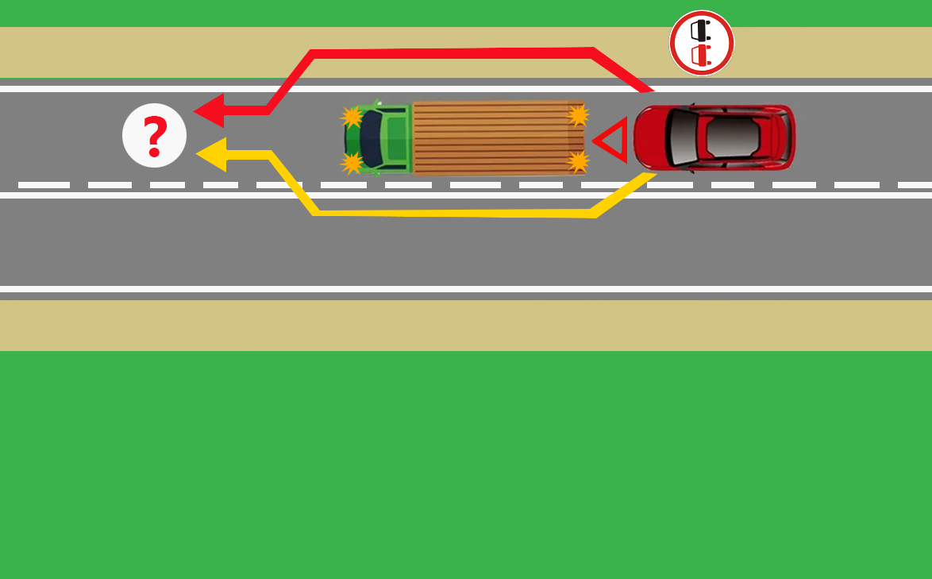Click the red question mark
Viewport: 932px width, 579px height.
pos(155,137)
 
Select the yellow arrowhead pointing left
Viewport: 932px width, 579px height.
pos(211,154)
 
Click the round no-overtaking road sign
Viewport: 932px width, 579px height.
pos(702,43)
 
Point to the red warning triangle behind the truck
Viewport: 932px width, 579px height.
pos(612,140)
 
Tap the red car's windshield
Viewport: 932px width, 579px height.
pos(682,137)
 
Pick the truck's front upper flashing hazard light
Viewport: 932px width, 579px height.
pos(351,117)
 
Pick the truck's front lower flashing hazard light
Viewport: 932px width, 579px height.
pos(351,163)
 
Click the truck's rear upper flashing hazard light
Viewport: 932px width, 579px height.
pos(578,115)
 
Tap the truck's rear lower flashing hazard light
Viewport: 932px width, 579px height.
pos(578,161)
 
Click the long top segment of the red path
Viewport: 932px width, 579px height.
pos(453,53)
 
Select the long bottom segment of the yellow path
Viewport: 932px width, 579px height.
pos(453,214)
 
